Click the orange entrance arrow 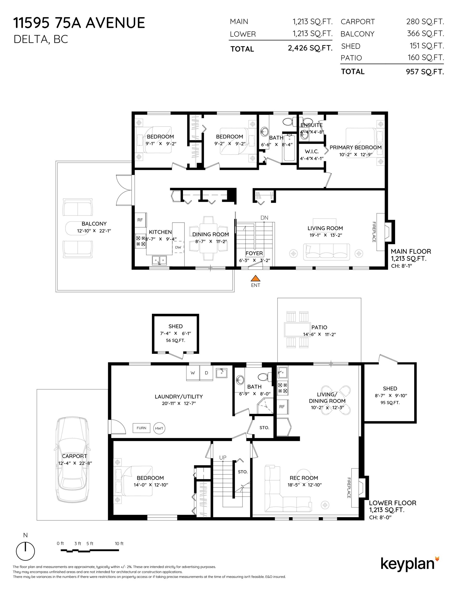coord(256,278)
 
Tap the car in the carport coord(72,460)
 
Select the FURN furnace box coord(141,428)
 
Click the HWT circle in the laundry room coord(159,428)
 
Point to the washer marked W coord(193,373)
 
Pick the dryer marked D coord(206,373)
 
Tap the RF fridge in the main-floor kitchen coord(140,220)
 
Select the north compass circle coord(25,551)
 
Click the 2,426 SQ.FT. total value coord(310,48)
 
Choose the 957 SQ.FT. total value coord(425,72)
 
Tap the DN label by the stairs coord(264,218)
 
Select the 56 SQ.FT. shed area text coord(176,340)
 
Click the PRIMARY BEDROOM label coord(356,147)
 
